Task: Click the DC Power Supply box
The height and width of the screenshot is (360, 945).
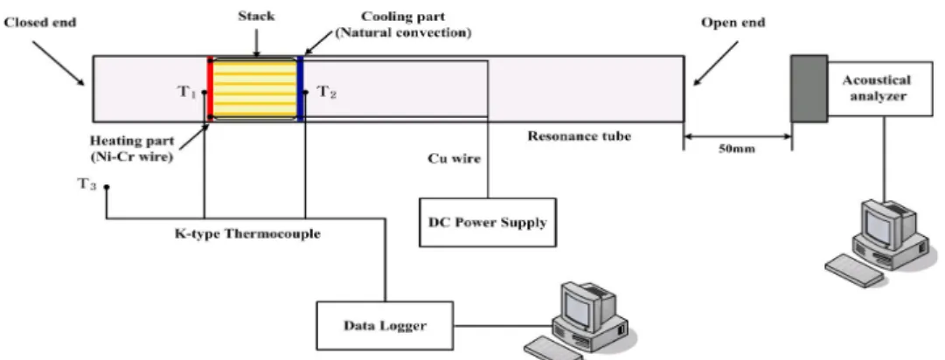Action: click(488, 222)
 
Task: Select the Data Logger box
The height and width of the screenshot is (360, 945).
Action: click(385, 326)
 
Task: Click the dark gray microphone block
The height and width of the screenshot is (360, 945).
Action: click(809, 88)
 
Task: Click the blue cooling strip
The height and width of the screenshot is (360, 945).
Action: click(300, 88)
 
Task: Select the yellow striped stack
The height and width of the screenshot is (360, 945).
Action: click(255, 88)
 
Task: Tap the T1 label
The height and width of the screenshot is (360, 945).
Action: click(186, 93)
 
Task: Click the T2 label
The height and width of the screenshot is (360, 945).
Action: click(327, 93)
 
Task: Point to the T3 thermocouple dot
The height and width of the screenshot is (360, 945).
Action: click(107, 187)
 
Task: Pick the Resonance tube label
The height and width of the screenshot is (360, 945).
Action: click(580, 136)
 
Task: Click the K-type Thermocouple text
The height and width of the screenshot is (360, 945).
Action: click(247, 234)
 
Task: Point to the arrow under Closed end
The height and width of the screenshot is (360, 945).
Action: click(59, 63)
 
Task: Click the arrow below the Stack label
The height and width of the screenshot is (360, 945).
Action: click(257, 42)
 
